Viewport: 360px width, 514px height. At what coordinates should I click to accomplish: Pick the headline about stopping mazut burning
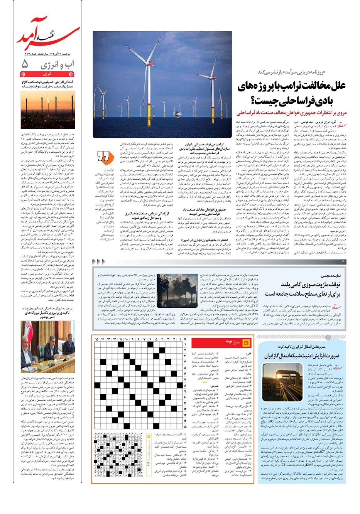tap(305, 289)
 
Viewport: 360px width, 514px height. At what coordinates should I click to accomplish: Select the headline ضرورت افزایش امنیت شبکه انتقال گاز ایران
tap(302, 356)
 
